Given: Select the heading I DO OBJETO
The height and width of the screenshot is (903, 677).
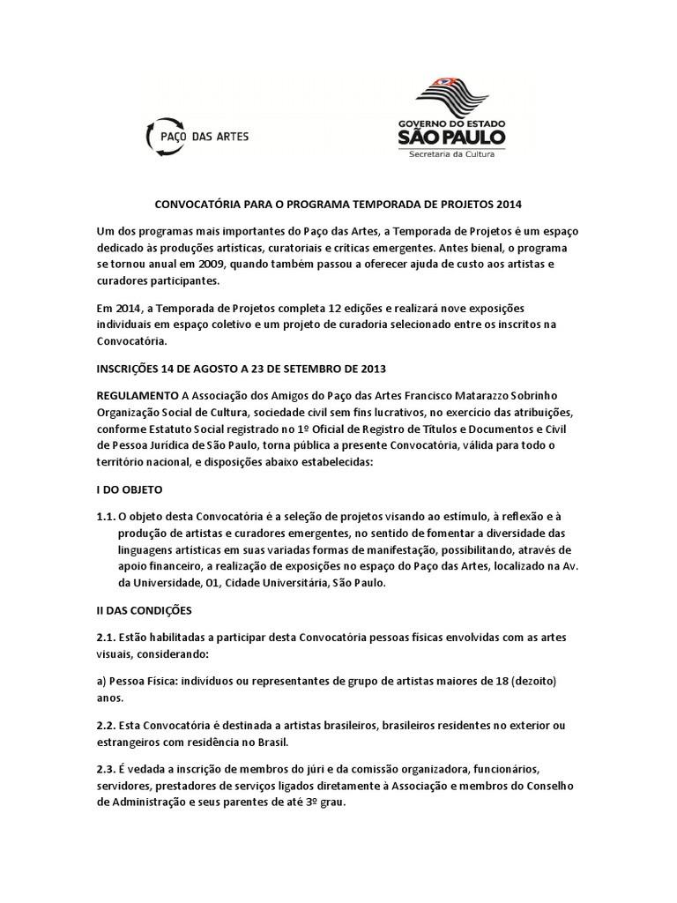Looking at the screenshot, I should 130,488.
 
